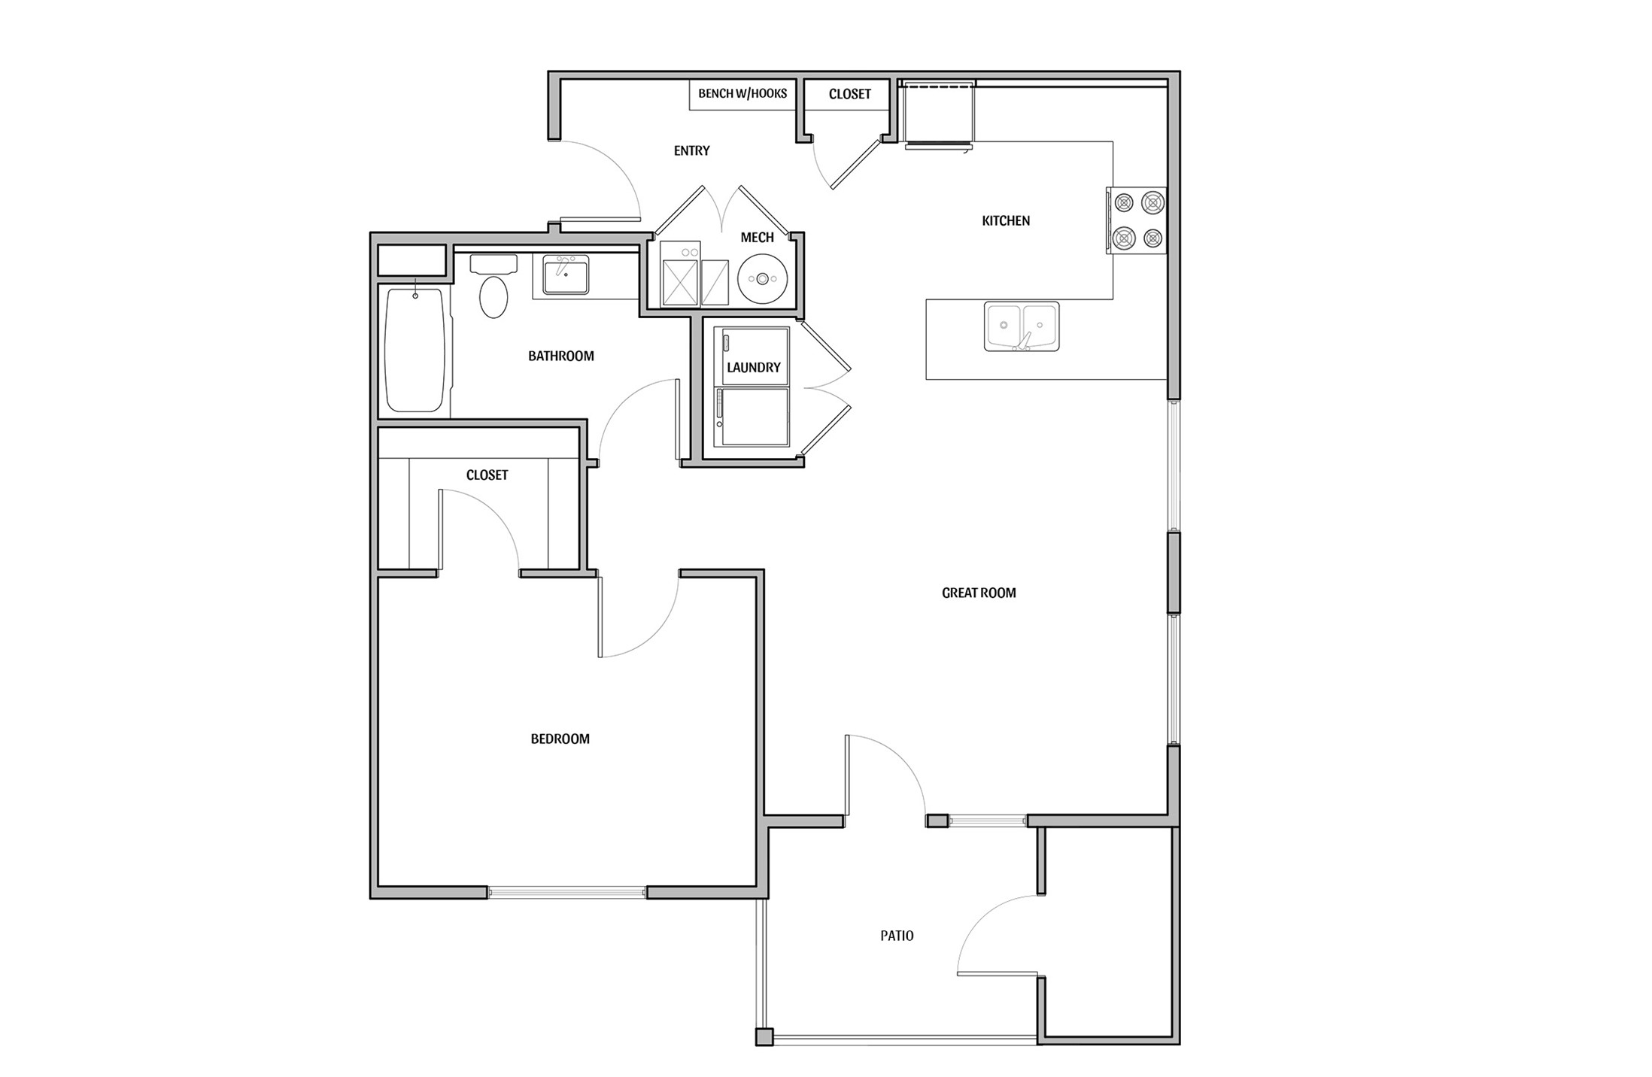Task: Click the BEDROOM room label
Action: click(x=560, y=739)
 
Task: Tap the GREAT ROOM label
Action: click(x=978, y=593)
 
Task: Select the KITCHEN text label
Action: click(x=1006, y=221)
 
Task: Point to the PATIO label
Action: click(x=897, y=936)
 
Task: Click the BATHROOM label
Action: click(x=560, y=356)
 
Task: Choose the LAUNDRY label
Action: click(x=753, y=368)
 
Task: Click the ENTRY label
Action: click(x=691, y=151)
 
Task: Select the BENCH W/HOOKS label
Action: click(x=742, y=94)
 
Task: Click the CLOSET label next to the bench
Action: click(x=849, y=95)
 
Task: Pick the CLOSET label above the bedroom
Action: click(x=487, y=475)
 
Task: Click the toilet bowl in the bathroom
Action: click(x=493, y=296)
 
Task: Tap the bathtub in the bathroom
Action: click(x=415, y=350)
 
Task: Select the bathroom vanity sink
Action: click(x=566, y=275)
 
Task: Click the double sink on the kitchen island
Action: click(x=1021, y=326)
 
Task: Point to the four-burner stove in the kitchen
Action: click(x=1137, y=220)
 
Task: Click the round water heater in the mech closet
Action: click(x=762, y=279)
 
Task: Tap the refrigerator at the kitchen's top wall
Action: click(x=938, y=114)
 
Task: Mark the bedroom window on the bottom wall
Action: click(x=566, y=893)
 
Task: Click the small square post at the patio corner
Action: click(x=764, y=1037)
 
